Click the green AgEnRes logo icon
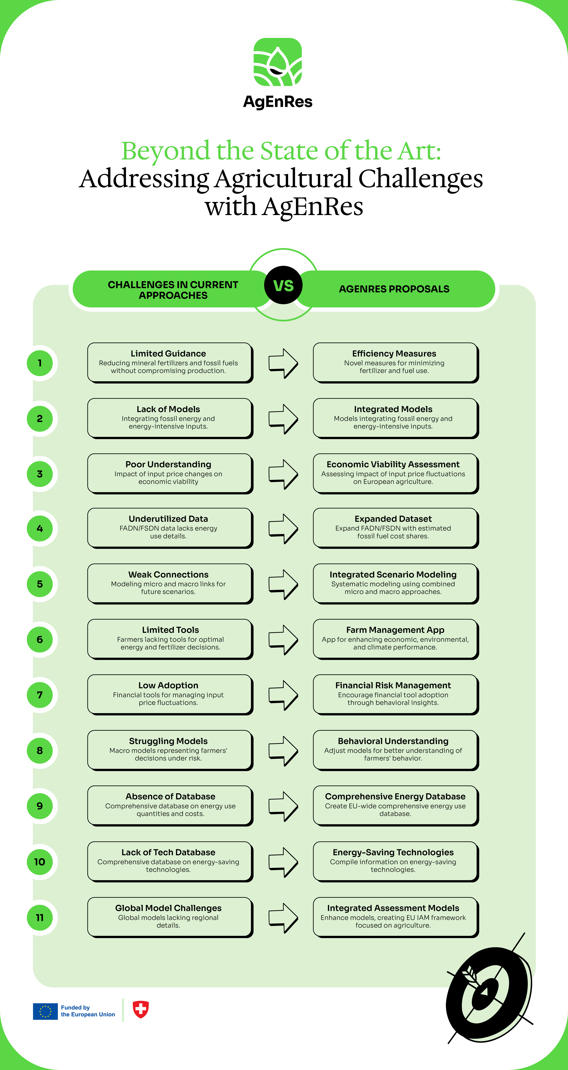[278, 62]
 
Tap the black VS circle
[283, 285]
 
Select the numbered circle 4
[40, 528]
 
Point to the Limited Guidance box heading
[168, 353]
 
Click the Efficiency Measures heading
[394, 353]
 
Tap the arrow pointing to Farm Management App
[283, 640]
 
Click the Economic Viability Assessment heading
[393, 464]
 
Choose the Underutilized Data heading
[168, 519]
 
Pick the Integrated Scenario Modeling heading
[393, 575]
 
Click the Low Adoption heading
[168, 685]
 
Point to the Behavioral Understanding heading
[393, 741]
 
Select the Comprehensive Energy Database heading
[395, 796]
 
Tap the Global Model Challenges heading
[168, 908]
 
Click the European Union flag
[45, 1011]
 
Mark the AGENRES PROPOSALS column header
[394, 289]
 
